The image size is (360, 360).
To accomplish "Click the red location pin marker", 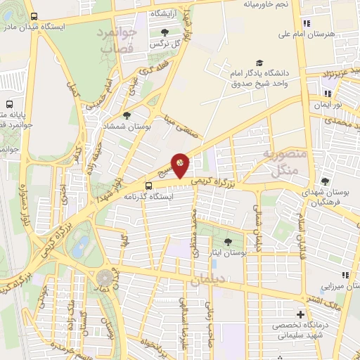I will (180, 165).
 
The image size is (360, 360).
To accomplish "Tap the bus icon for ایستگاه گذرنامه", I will (148, 185).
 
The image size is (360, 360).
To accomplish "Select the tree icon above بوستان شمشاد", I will (127, 115).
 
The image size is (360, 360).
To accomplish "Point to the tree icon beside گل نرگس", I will (165, 32).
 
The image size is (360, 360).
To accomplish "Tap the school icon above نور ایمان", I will (326, 92).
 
